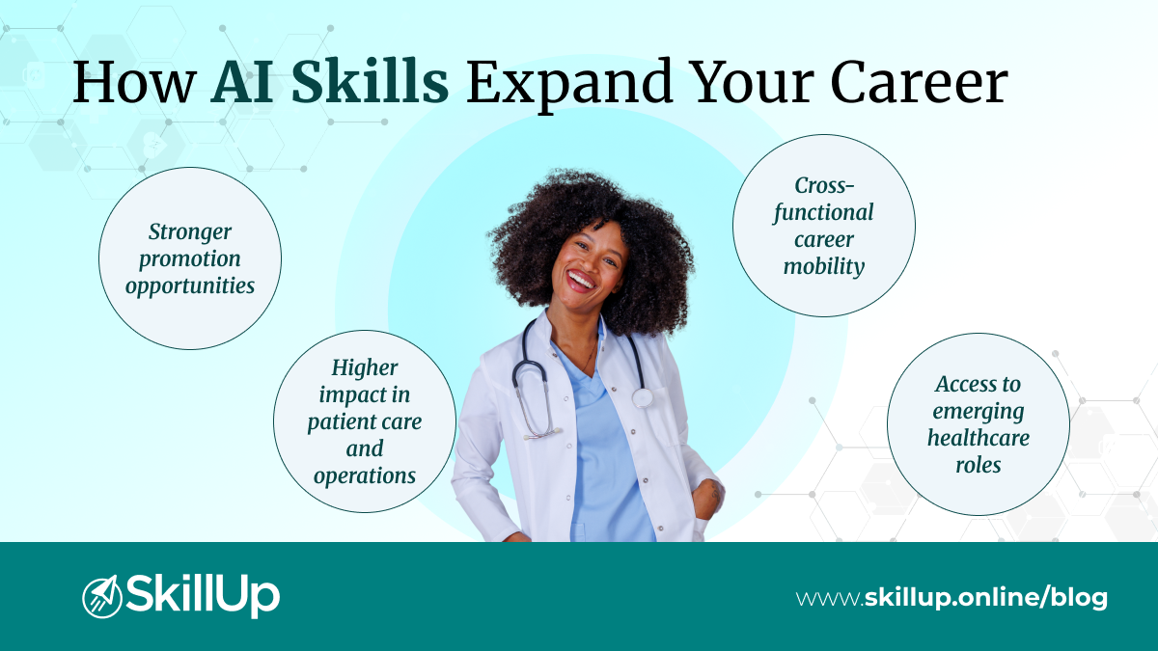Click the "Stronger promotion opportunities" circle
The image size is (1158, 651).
(x=190, y=258)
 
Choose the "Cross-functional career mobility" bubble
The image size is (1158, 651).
(x=823, y=226)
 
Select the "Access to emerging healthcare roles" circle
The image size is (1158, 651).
(x=978, y=424)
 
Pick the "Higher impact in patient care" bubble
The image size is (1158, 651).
(x=365, y=421)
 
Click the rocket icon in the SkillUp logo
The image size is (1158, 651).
(x=101, y=596)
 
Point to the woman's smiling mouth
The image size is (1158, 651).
(x=581, y=281)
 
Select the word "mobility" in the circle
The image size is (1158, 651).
(x=823, y=267)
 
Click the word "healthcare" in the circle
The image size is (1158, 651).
(x=978, y=438)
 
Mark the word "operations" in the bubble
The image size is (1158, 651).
(x=365, y=475)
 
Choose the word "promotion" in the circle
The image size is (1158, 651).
(x=190, y=259)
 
